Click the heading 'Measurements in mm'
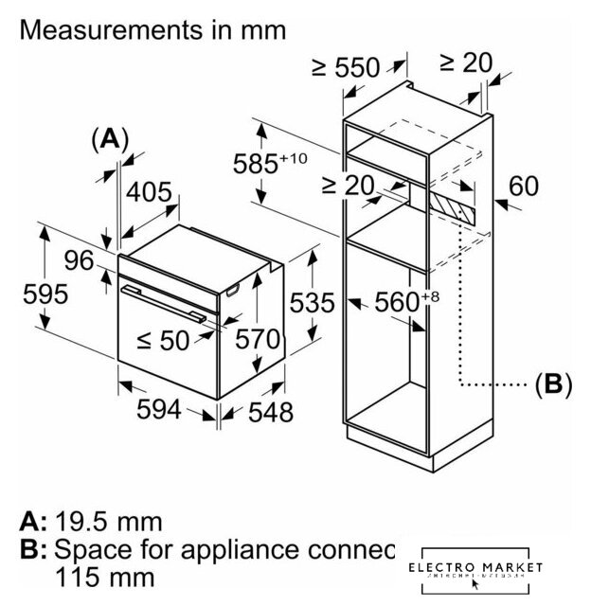152,29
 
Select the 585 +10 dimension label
270,161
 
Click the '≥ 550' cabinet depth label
345,67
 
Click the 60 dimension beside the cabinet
523,186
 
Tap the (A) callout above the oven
110,138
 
